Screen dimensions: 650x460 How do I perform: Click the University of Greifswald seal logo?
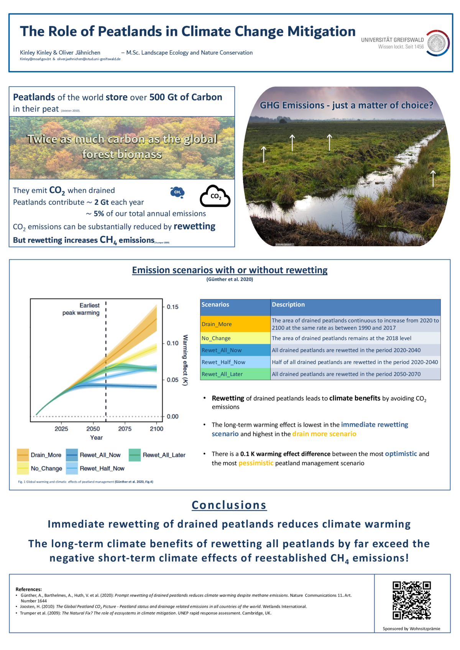point(438,43)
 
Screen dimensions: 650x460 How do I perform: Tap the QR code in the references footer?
point(411,600)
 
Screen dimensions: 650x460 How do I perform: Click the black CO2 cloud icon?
point(215,196)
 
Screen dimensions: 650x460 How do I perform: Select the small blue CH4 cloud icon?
point(177,192)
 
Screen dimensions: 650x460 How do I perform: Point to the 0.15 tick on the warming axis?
point(172,307)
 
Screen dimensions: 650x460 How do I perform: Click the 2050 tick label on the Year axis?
point(93,429)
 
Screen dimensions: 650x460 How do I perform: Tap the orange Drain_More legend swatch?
point(23,455)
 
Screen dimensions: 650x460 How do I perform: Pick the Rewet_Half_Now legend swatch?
point(72,468)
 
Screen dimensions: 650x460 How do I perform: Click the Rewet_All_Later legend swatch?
point(135,455)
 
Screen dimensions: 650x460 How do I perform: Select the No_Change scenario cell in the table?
point(235,338)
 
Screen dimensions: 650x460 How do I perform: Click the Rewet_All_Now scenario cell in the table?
point(235,350)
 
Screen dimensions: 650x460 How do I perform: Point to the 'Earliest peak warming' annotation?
point(81,309)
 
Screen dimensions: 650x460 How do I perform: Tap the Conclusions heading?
point(229,505)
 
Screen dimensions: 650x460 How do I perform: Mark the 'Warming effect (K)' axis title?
point(185,360)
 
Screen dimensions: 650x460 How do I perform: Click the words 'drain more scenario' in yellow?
point(324,434)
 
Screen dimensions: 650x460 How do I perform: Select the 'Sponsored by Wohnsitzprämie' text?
point(411,629)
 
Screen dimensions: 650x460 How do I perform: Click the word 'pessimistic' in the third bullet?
point(256,463)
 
